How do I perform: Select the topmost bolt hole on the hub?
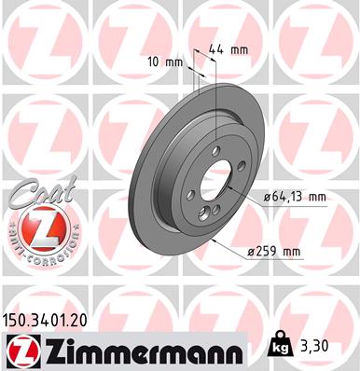215,150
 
